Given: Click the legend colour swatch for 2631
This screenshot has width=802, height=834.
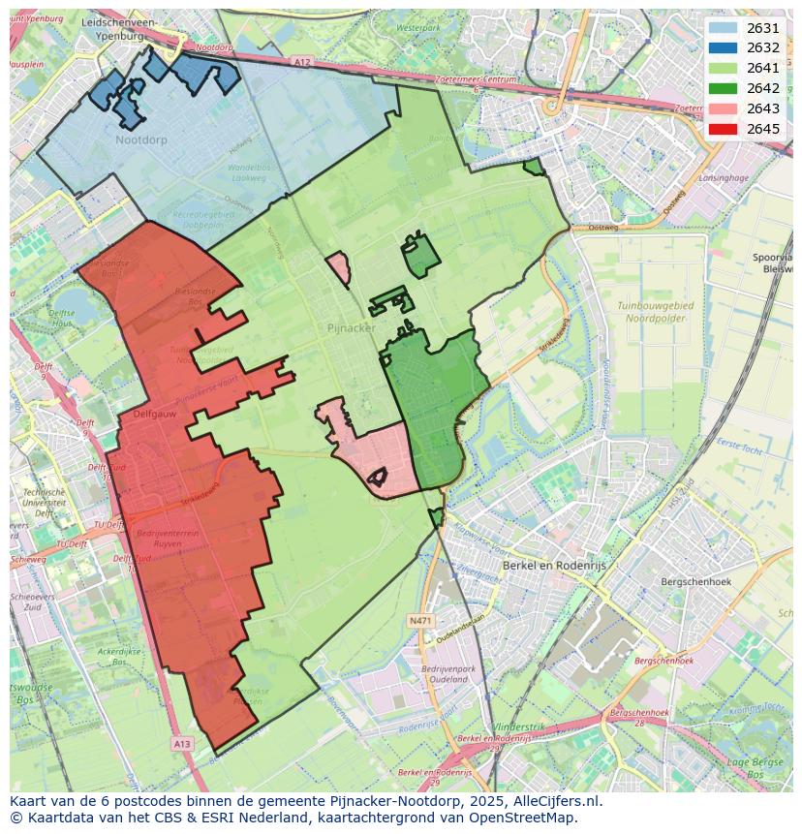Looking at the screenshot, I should coord(723,28).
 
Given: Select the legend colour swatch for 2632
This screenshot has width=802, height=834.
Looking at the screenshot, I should coord(723,47).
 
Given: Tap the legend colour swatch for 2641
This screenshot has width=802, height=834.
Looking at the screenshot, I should coord(723,68).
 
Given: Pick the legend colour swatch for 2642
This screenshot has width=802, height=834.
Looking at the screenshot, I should coord(723,88).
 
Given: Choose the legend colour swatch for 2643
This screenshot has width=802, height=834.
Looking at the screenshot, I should coord(723,108).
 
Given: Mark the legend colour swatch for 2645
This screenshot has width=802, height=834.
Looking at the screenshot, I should coord(723,129).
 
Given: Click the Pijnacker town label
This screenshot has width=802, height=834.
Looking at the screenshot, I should coord(351,328).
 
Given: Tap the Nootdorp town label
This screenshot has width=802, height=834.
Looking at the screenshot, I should coord(140,140).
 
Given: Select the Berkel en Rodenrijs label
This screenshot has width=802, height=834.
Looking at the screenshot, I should coord(547,565).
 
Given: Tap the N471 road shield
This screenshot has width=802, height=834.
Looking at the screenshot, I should coord(419,620).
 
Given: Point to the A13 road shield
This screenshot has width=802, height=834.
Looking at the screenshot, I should coord(181,743).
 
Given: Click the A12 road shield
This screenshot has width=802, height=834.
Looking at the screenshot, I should coord(302,62).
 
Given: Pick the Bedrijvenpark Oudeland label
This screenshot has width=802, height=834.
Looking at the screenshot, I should coord(447,674).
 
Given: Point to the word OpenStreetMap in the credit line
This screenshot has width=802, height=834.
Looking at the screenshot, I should coord(524,818).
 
